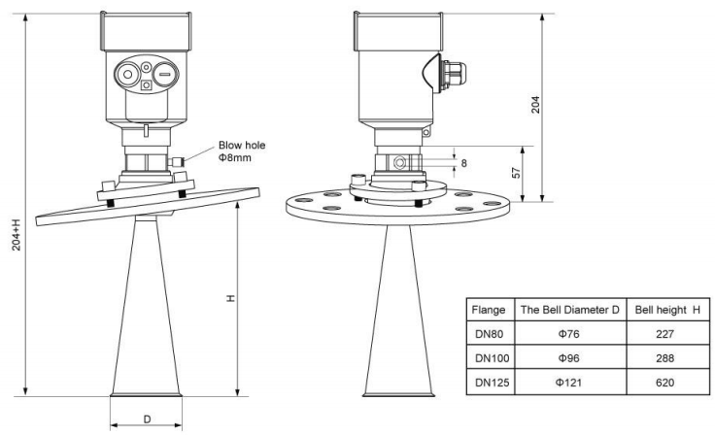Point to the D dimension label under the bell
pyautogui.click(x=146, y=419)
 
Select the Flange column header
pyautogui.click(x=487, y=313)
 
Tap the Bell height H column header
pyautogui.click(x=667, y=313)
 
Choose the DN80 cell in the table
pyautogui.click(x=487, y=336)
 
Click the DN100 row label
pyautogui.click(x=487, y=358)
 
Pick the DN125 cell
pyautogui.click(x=487, y=382)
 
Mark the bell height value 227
pyautogui.click(x=667, y=336)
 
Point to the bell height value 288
pyautogui.click(x=667, y=358)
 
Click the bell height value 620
pyautogui.click(x=667, y=382)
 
